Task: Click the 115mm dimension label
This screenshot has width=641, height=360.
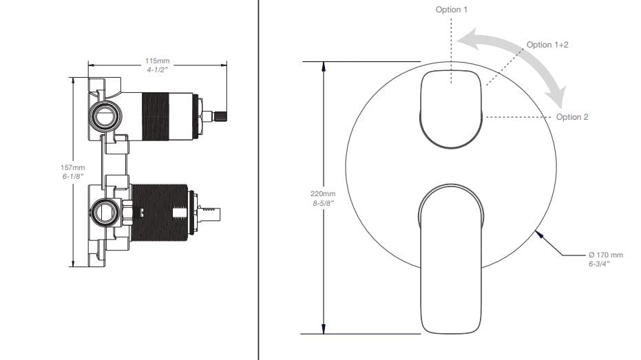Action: [x=158, y=61]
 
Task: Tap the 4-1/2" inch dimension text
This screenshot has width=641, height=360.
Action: [x=158, y=70]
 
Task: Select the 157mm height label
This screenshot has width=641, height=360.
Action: [x=73, y=167]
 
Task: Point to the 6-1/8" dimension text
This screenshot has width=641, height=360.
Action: [x=73, y=176]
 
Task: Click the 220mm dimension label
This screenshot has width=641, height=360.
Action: [x=323, y=193]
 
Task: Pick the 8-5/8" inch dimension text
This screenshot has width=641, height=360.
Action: [x=324, y=203]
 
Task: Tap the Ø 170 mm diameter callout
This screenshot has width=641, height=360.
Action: [x=606, y=255]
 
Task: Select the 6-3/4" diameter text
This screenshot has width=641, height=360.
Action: [x=599, y=264]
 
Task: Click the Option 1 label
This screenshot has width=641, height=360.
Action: [x=452, y=10]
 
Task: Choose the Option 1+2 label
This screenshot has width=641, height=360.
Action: [x=547, y=45]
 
